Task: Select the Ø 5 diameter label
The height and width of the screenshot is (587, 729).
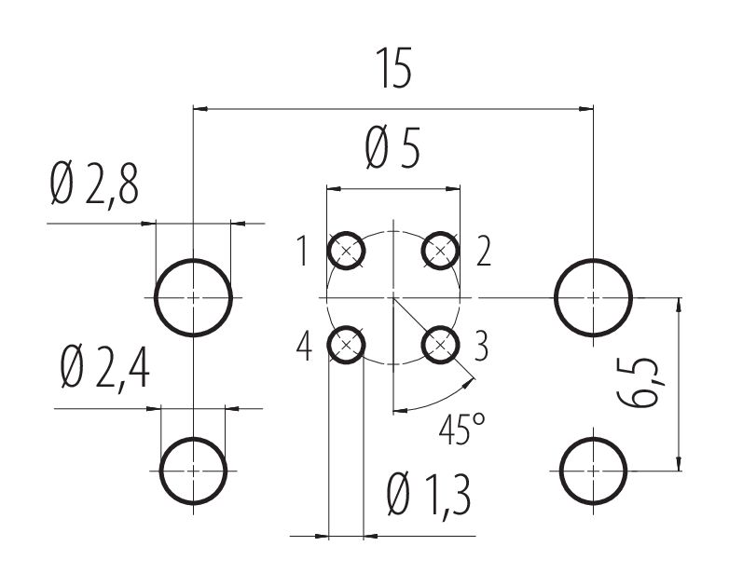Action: pos(392,149)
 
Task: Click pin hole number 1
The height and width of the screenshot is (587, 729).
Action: pos(346,250)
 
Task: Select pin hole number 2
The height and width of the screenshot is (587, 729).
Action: pos(441,250)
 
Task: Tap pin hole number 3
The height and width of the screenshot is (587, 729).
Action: pos(441,346)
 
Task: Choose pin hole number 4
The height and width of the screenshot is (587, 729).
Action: pos(346,346)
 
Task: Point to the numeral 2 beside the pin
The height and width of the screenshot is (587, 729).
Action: pos(482,252)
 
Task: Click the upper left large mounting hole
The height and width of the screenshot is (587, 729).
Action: pos(193,297)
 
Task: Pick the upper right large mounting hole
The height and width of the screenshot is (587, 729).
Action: pos(594,297)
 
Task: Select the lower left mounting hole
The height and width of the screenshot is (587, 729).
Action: pos(193,470)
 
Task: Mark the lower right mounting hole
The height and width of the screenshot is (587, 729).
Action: pos(594,470)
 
